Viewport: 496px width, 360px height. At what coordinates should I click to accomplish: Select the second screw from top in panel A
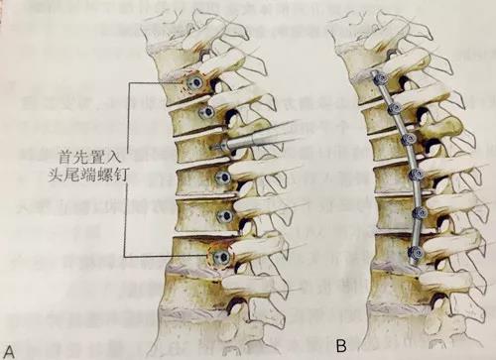pos(207,114)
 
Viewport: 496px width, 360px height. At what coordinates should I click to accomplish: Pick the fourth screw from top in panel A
pos(224,179)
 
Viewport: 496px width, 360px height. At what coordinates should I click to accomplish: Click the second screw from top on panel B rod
pos(394,108)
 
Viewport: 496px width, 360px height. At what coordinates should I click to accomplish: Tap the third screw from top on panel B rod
pos(409,140)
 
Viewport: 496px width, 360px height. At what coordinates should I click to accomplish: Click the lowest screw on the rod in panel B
pos(407,257)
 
